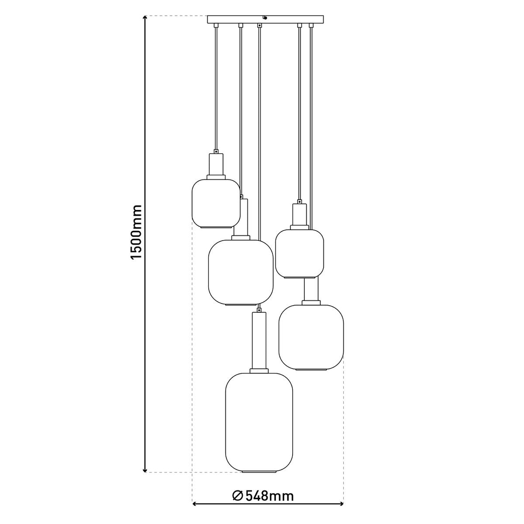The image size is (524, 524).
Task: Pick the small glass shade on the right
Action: [x=299, y=253]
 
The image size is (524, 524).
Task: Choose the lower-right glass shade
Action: [x=311, y=336]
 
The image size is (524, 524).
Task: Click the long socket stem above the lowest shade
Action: [x=259, y=341]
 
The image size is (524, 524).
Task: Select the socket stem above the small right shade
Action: [x=300, y=215]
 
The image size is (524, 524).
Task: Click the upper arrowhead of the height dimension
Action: [x=145, y=19]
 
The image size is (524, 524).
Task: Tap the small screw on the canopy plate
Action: [x=265, y=18]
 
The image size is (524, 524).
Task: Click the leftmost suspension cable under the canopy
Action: [x=216, y=87]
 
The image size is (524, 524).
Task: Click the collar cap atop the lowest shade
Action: [x=259, y=371]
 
